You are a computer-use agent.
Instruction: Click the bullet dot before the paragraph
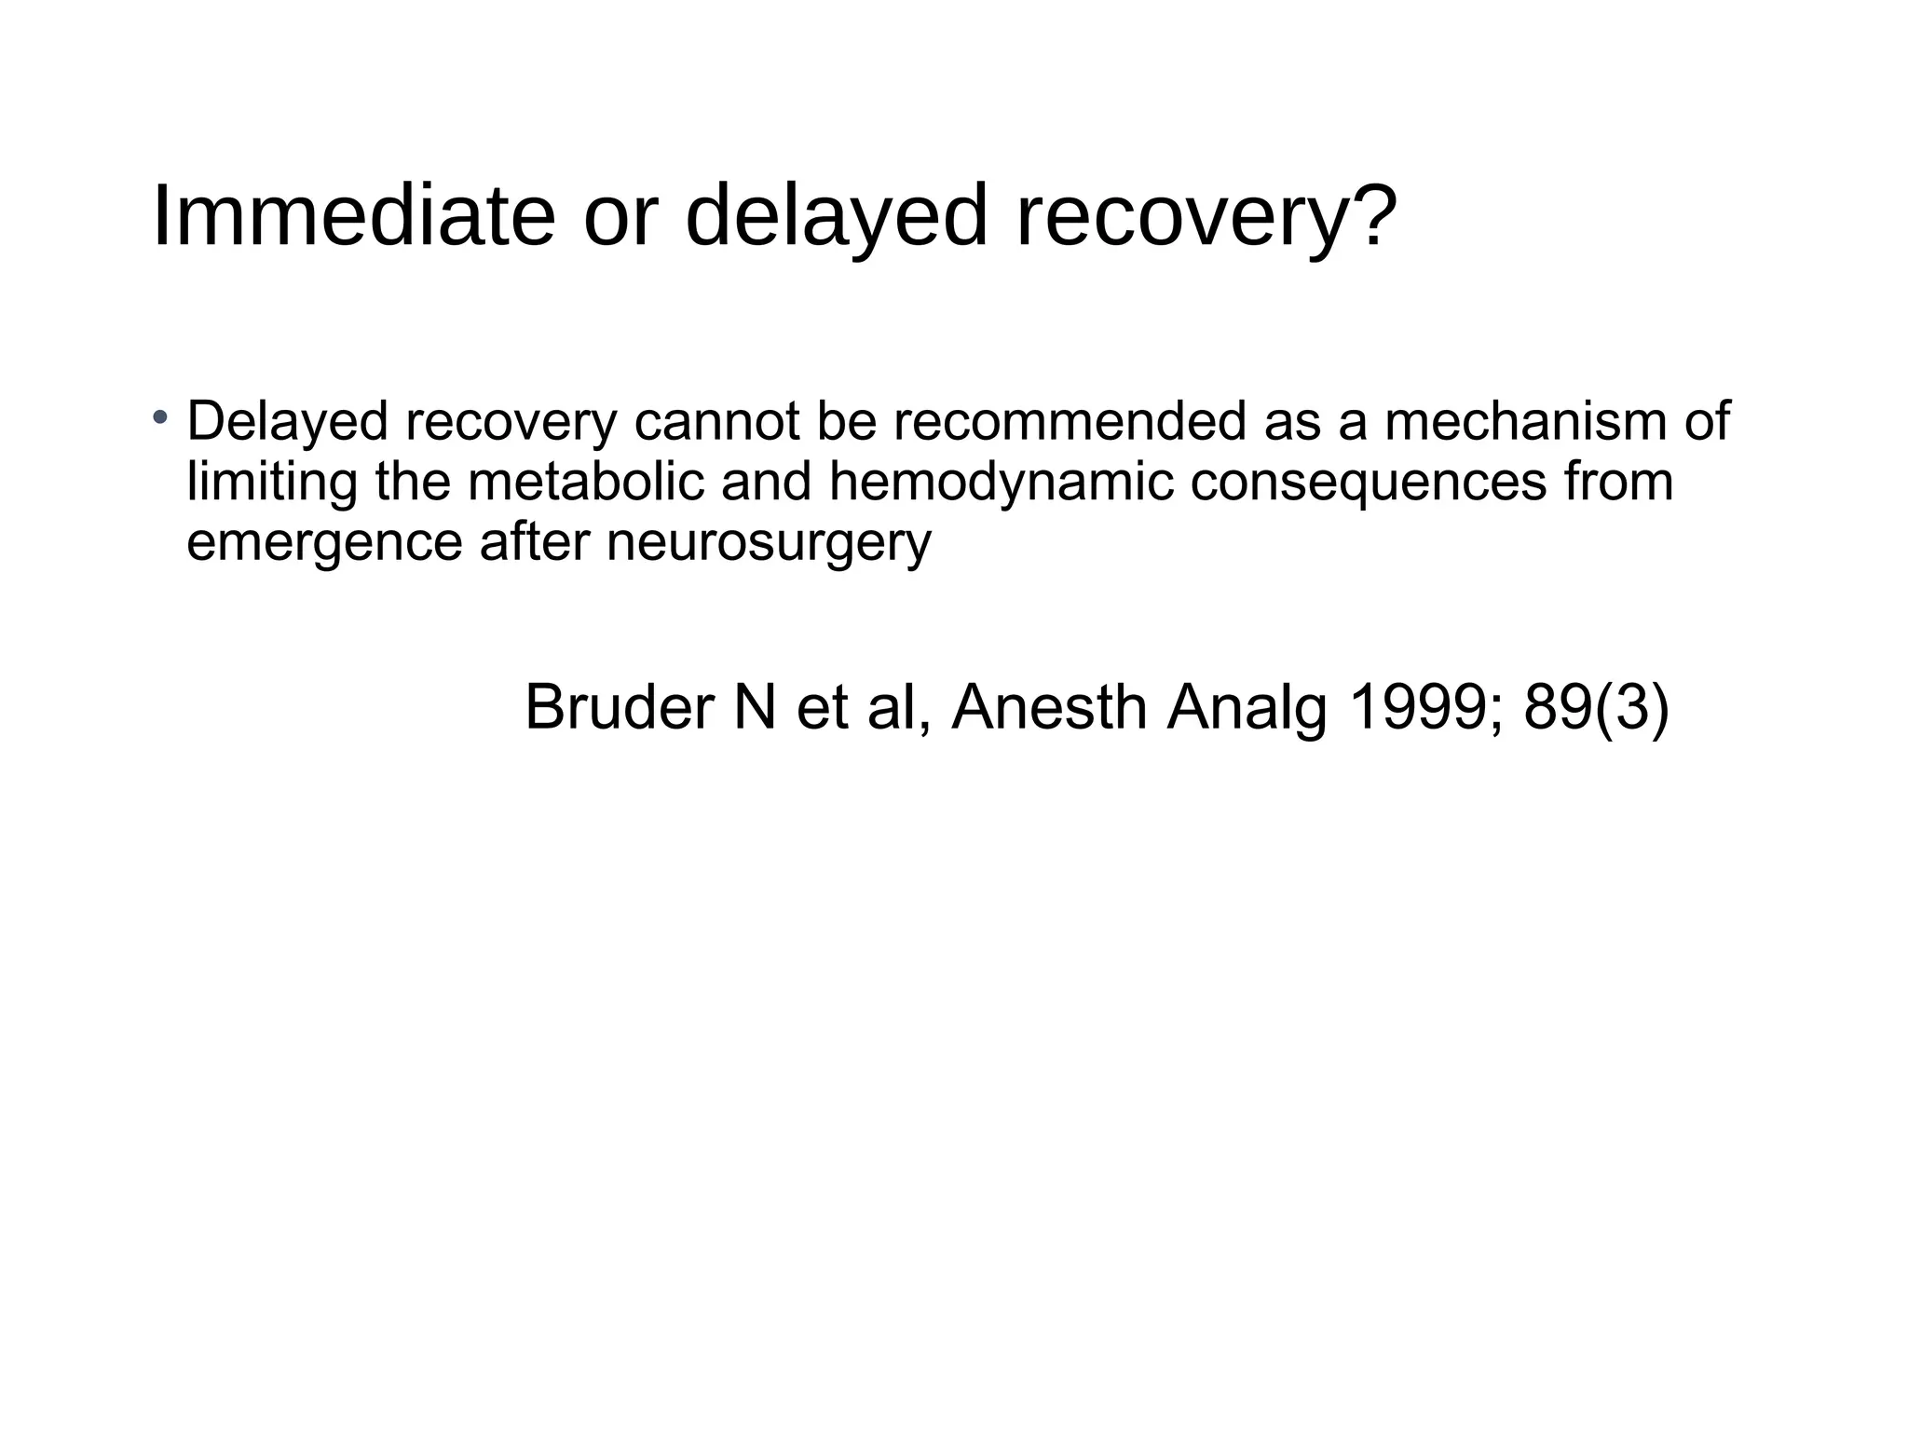(x=161, y=416)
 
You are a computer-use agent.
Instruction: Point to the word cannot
(x=716, y=421)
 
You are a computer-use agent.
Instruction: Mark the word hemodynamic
(x=1001, y=483)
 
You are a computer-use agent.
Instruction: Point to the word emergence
(x=324, y=544)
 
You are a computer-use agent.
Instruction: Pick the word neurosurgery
(x=769, y=544)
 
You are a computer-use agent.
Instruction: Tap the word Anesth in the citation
(x=1049, y=707)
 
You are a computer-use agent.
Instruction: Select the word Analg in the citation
(x=1247, y=709)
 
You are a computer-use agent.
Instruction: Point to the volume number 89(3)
(x=1596, y=708)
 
